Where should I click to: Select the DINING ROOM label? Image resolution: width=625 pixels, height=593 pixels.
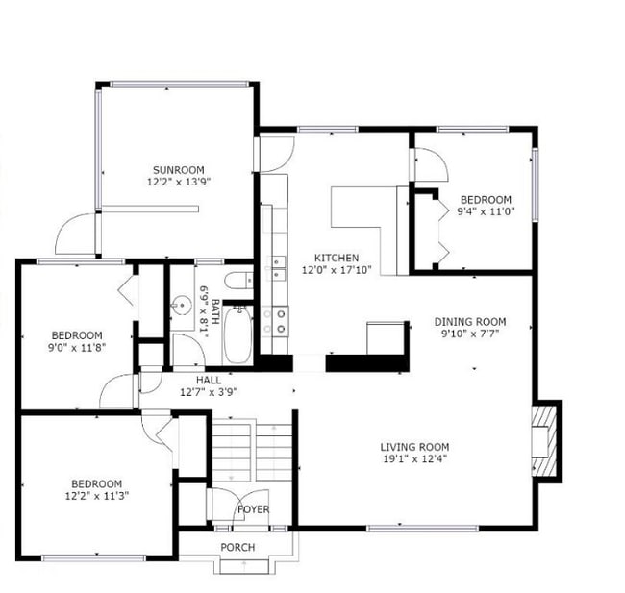point(470,322)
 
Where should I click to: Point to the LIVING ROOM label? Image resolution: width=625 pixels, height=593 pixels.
point(413,447)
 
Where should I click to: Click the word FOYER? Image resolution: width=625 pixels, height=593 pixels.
point(253,509)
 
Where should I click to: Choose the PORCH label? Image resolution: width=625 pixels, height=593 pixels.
point(237,548)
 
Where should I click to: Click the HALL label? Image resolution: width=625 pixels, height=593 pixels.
point(209,380)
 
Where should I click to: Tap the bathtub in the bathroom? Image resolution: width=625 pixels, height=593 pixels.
point(237,334)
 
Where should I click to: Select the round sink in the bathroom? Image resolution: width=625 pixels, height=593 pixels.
point(180,309)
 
